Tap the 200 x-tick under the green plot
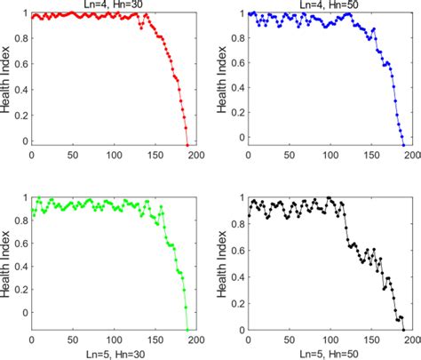[195, 341]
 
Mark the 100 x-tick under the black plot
[330, 341]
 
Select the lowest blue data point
[403, 145]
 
